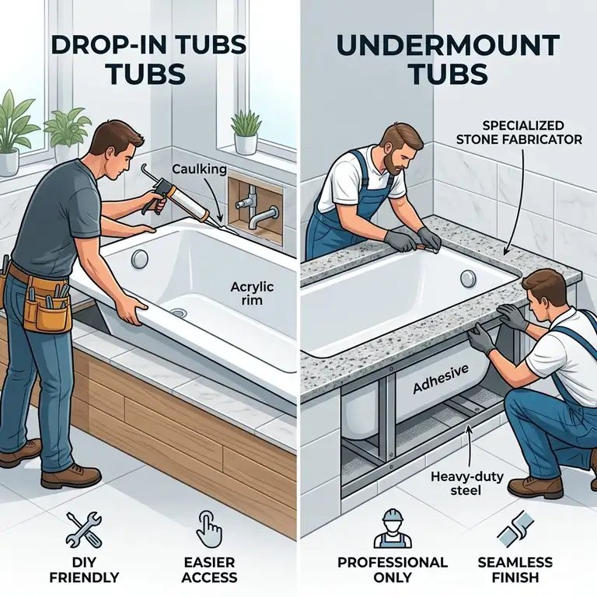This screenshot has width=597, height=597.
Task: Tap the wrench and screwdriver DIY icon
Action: coord(83,529)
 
